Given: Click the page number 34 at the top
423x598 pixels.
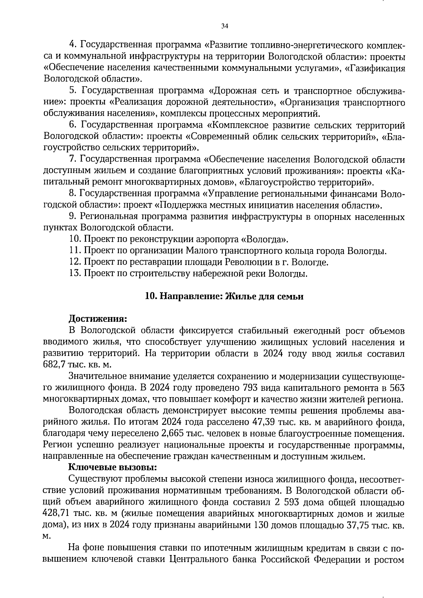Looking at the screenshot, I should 225,26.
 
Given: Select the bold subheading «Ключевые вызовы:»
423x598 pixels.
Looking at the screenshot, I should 112,467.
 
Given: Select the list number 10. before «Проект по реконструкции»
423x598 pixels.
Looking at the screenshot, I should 75,240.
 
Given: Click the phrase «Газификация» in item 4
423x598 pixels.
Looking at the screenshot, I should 374,68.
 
